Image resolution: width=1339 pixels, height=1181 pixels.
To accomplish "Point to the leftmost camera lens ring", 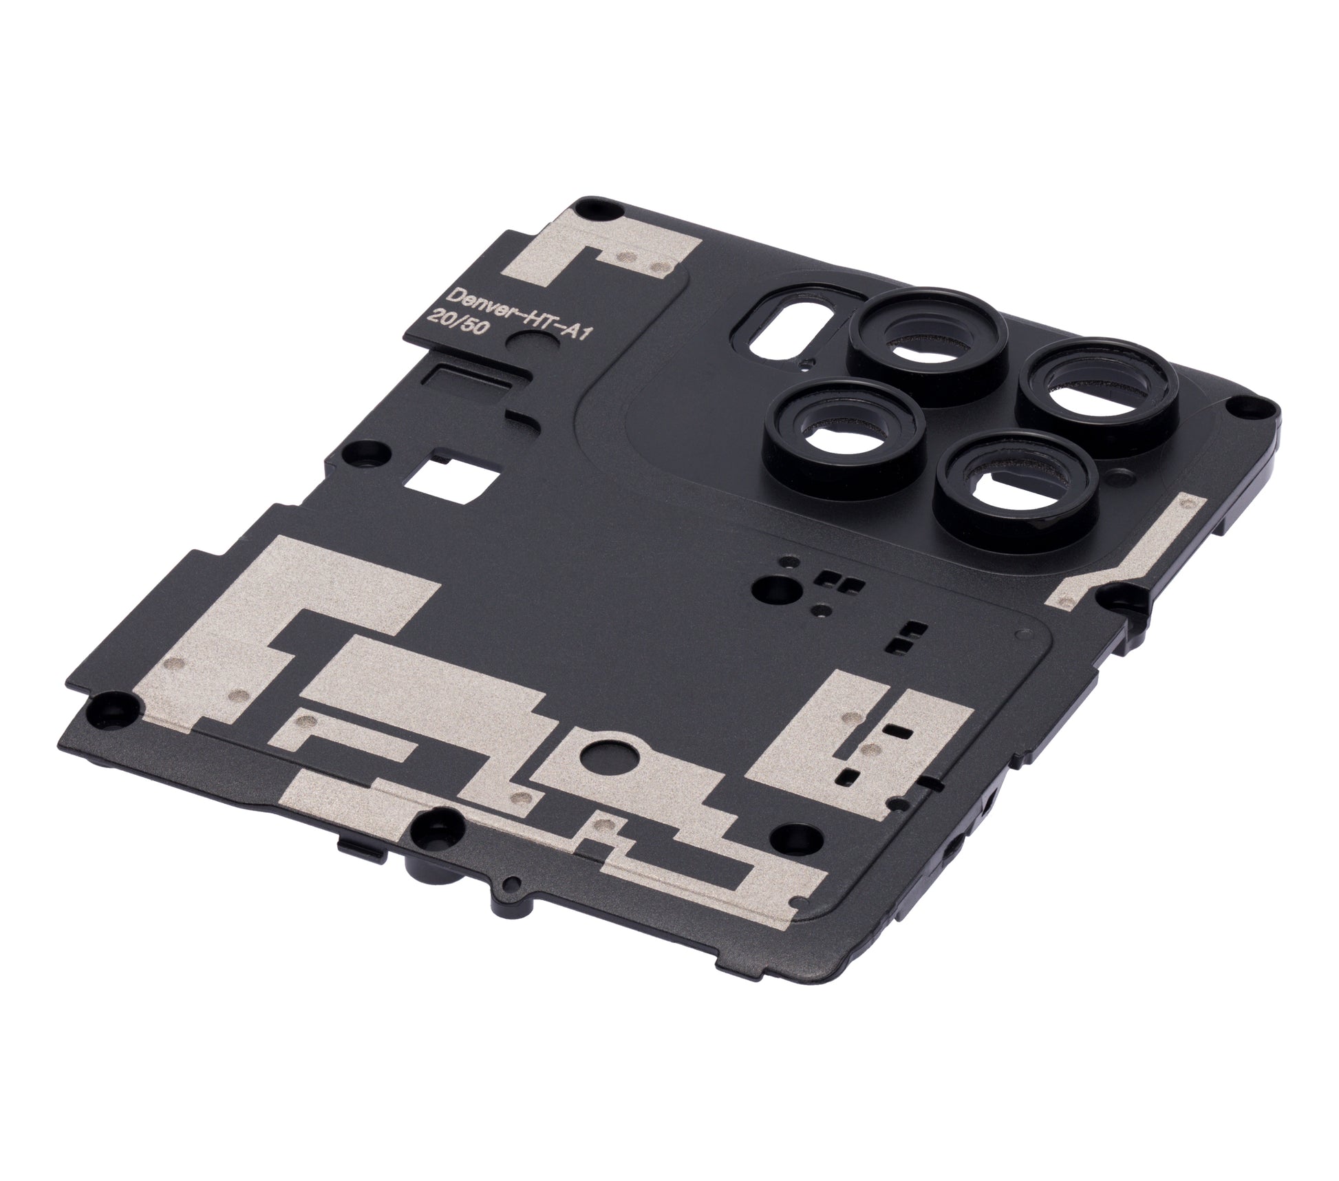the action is (843, 429).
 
